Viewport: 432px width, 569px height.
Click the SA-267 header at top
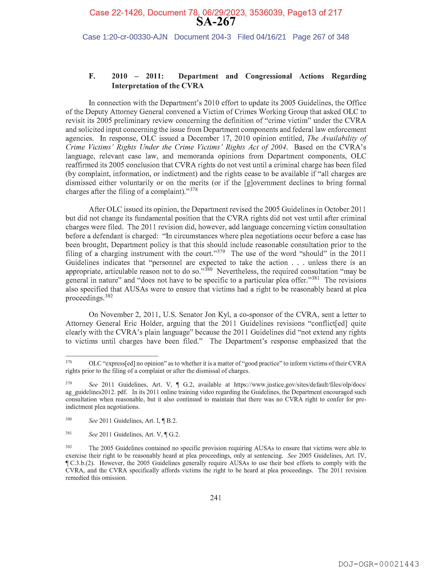pos(216,22)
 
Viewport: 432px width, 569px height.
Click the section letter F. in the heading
pos(92,76)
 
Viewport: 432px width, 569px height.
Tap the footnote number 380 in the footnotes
pos(69,419)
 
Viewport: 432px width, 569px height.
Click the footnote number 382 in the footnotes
pos(69,447)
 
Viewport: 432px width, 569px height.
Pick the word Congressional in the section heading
pos(269,76)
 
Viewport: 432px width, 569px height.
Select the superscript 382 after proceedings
pos(109,296)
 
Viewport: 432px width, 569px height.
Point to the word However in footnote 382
pos(111,463)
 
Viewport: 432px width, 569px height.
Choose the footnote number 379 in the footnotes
pos(69,383)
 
